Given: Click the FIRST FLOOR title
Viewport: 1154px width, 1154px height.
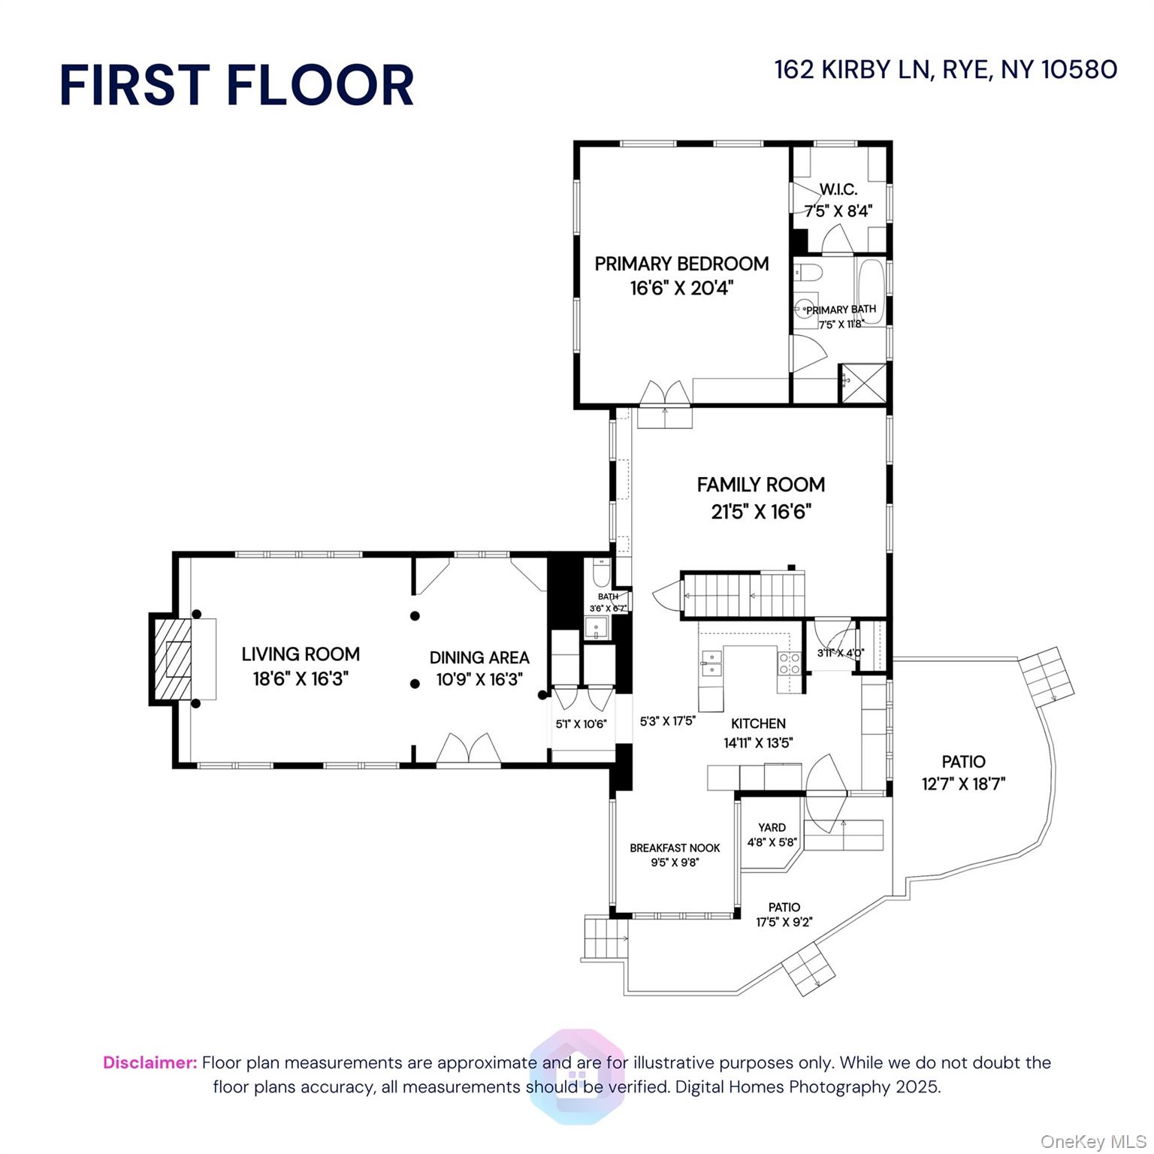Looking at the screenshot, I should (x=237, y=85).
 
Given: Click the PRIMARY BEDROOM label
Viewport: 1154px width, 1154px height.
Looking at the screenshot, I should (x=681, y=264).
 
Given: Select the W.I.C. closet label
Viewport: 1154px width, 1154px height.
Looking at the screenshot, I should (x=838, y=189).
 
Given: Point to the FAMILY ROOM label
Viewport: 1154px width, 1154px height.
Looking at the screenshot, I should (x=760, y=485).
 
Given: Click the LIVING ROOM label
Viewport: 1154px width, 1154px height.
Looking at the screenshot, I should (x=301, y=654).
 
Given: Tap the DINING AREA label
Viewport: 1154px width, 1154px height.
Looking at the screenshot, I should (x=479, y=658).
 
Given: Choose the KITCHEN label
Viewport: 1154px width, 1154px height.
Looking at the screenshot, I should (x=758, y=724).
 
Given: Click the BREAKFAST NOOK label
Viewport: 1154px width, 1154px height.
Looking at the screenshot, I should (x=675, y=848).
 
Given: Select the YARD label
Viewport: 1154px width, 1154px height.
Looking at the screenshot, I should (x=772, y=827).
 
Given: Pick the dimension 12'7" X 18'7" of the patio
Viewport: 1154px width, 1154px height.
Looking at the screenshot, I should (x=963, y=784).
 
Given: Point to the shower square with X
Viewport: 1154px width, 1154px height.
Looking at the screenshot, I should (x=862, y=383).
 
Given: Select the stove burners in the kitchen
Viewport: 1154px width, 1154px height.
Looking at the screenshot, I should (x=789, y=663).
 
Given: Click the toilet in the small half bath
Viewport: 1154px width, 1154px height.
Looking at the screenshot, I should (x=601, y=574).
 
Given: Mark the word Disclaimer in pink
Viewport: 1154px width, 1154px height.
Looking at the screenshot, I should (x=150, y=1062).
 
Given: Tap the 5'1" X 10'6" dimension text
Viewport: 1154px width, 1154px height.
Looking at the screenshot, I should (x=581, y=724).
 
